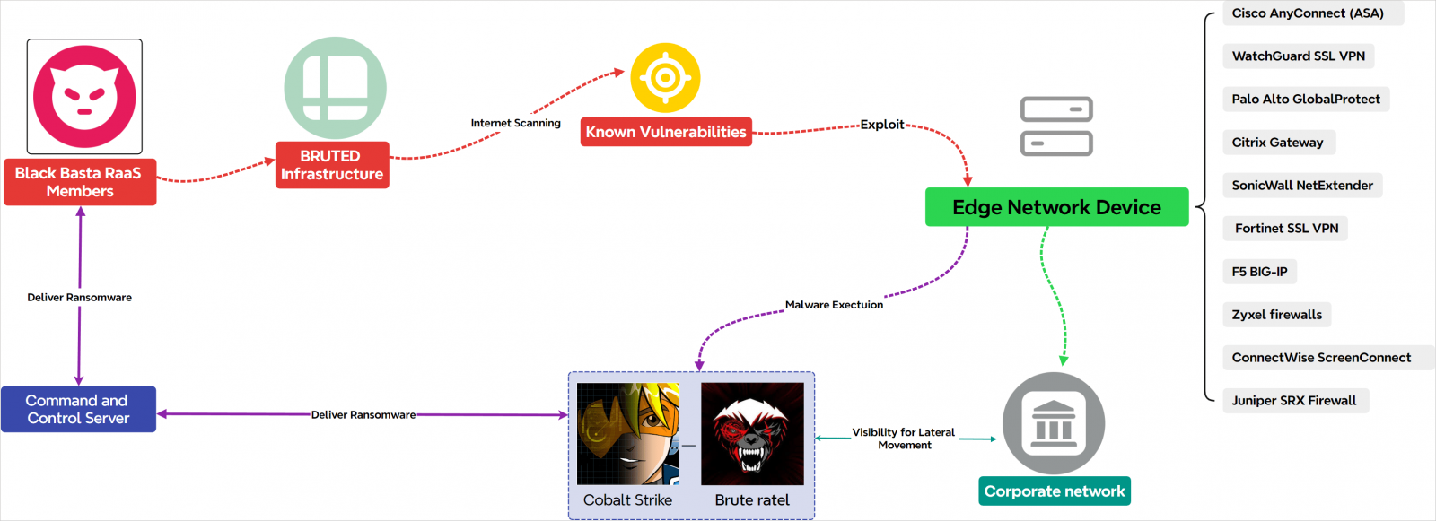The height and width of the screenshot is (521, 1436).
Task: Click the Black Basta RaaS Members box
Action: (80, 182)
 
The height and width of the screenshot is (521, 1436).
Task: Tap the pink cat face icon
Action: (84, 97)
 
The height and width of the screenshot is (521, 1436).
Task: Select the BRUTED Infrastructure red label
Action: (332, 165)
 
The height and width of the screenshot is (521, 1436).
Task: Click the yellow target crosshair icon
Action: (665, 78)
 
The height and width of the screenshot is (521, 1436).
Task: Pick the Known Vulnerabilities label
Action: (666, 132)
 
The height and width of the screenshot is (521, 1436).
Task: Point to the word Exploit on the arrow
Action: (882, 125)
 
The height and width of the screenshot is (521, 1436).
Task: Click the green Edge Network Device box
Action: (1056, 207)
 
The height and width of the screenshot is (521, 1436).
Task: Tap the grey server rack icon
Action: (1056, 126)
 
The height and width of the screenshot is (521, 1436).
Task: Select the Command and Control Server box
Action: (78, 410)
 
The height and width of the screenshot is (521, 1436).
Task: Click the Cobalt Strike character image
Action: (628, 434)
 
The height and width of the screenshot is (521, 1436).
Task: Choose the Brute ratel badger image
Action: (752, 434)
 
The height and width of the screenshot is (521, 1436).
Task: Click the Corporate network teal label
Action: (1055, 491)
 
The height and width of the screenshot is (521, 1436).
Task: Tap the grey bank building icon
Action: (1054, 423)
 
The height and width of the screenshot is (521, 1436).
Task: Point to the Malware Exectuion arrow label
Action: (834, 305)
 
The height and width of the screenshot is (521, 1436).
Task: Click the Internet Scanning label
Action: (515, 123)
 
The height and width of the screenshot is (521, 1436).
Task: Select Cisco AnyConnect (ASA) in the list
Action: (1308, 13)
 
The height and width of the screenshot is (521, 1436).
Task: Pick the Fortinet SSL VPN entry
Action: (1286, 229)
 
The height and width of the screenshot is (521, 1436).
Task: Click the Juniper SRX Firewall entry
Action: (1294, 401)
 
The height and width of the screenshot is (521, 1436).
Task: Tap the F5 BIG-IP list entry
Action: (1259, 272)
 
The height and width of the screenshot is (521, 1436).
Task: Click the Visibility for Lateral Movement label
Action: (904, 439)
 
